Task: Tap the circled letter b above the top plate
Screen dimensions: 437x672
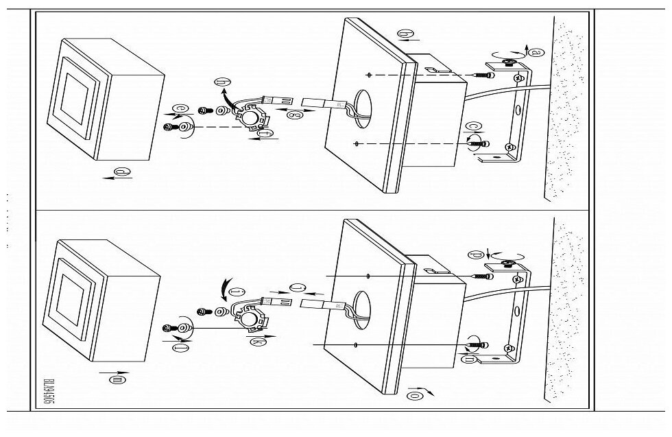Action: pos(405,34)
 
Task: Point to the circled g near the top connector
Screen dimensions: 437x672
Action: pos(296,116)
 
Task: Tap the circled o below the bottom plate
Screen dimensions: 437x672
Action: pos(414,394)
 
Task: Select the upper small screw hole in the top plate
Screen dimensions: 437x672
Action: pos(370,73)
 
